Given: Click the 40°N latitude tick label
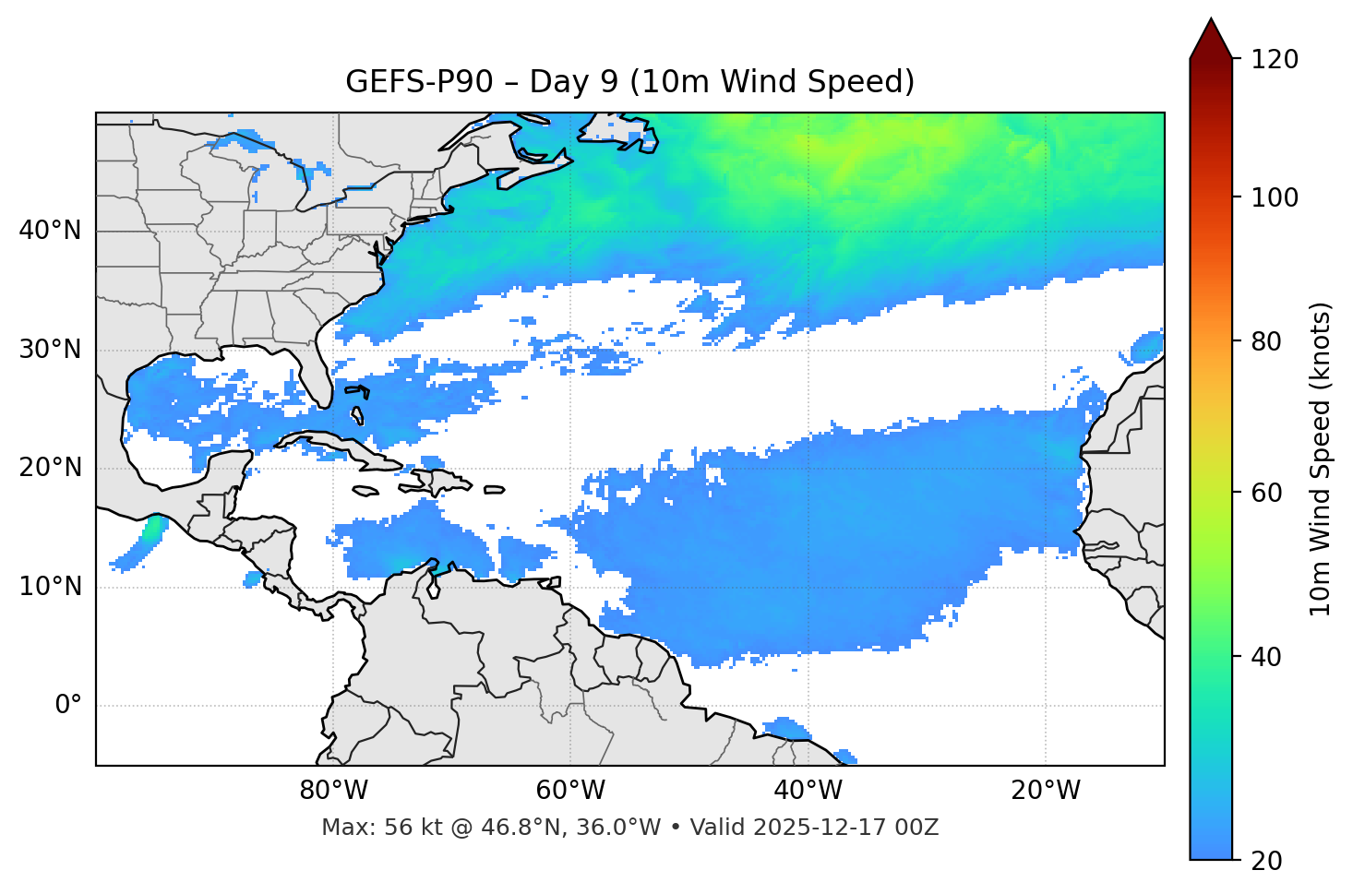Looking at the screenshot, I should [50, 231].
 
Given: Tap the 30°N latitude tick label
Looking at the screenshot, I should [50, 350].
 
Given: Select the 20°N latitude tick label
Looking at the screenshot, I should [50, 468].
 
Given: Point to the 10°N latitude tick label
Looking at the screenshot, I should [50, 587].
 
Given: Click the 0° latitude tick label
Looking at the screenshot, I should [67, 706].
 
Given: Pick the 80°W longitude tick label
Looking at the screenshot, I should [333, 791].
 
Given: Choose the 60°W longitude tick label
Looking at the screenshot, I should [570, 791].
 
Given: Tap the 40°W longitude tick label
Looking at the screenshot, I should [808, 791].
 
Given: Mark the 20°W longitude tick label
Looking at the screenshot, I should [1046, 791].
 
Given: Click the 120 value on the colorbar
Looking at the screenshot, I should [1275, 60].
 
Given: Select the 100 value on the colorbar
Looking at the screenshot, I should [1275, 197].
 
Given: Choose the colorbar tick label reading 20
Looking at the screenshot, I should [1266, 861].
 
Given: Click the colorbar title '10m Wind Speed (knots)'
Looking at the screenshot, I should [1321, 459].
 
